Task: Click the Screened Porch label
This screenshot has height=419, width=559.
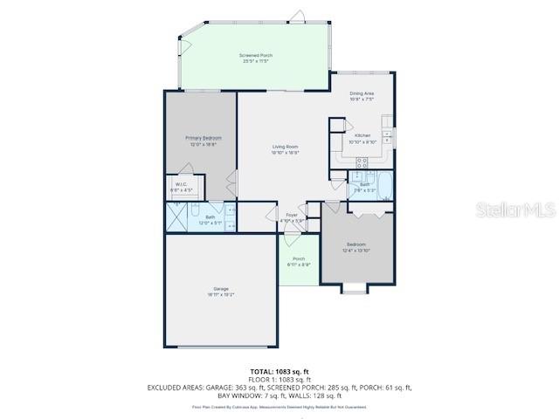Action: tap(256, 55)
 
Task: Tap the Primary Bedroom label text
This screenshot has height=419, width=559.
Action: tap(203, 138)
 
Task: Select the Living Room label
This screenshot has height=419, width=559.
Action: tap(285, 147)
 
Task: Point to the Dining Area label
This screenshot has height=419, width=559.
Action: tap(362, 93)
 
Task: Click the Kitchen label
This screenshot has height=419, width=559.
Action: tap(361, 136)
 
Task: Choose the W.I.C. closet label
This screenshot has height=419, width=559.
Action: tap(182, 184)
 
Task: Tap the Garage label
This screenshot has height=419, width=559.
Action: tap(221, 290)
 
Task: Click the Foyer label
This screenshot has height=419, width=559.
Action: tap(292, 215)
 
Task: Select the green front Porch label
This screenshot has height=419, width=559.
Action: tap(299, 259)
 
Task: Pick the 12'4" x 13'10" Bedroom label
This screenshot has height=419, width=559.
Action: tap(355, 244)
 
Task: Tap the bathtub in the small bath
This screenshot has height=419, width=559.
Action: tap(385, 185)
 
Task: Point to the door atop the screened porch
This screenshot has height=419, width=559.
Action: tap(299, 16)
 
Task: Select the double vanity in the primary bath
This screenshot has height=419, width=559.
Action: tap(231, 218)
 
